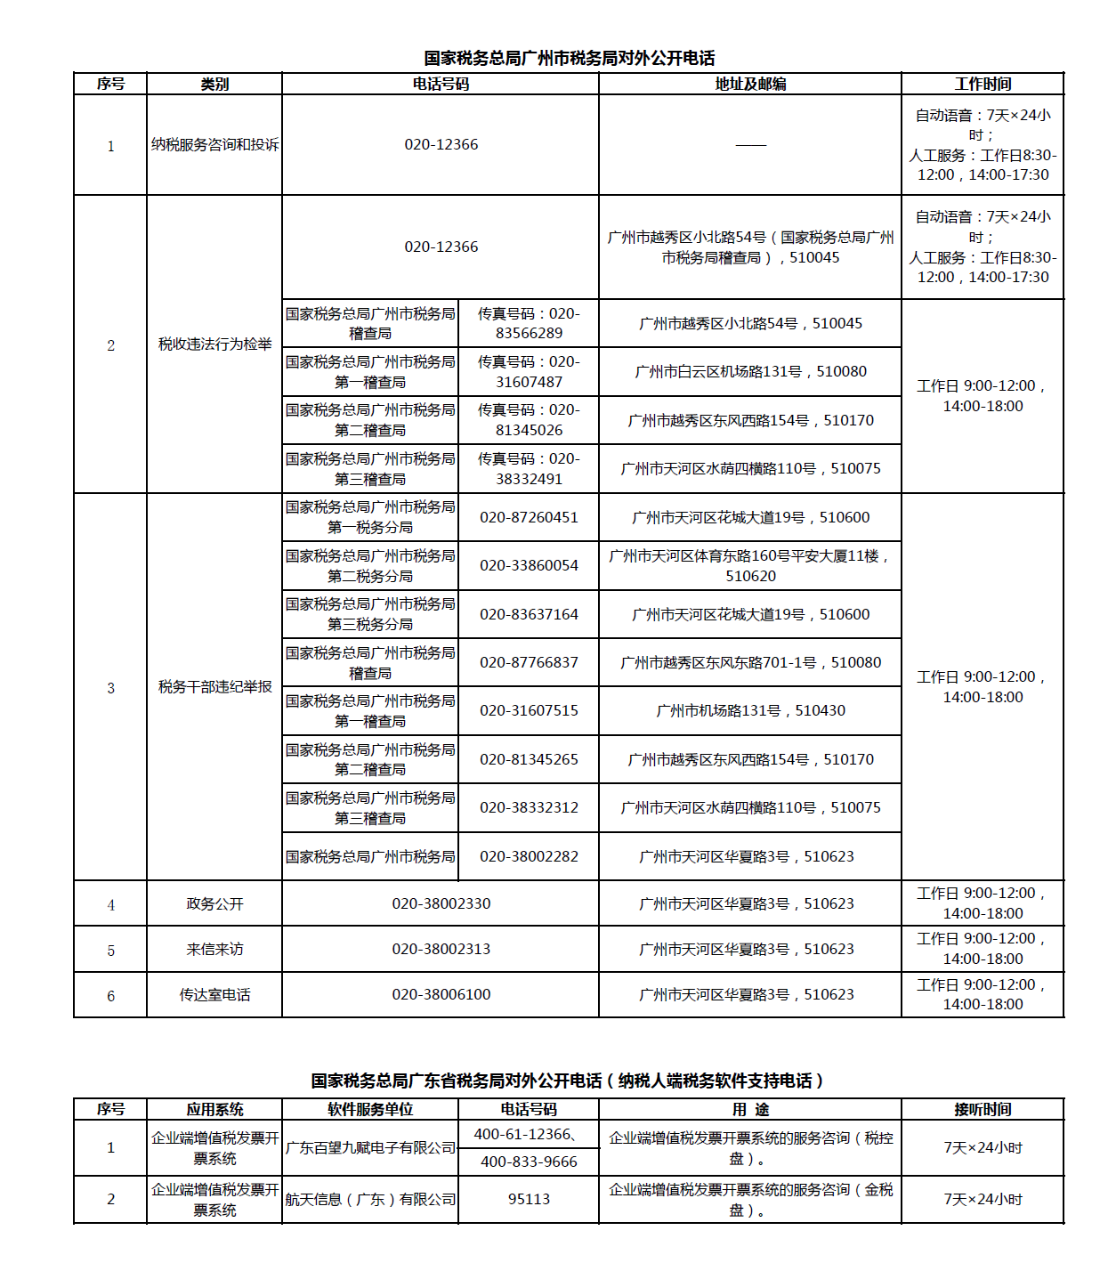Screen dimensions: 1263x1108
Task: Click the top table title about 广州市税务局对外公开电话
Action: coord(569,59)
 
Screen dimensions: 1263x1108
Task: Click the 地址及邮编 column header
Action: coord(750,85)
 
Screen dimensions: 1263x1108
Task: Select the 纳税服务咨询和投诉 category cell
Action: coord(214,145)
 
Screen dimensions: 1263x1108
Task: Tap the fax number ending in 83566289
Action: coord(529,324)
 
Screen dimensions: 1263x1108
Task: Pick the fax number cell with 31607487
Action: coord(529,372)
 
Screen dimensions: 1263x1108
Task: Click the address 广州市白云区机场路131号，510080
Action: coord(750,372)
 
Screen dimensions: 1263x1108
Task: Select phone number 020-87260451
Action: coord(529,517)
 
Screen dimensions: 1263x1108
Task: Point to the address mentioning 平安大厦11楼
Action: coord(750,566)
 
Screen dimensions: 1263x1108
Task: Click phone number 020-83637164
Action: coord(529,614)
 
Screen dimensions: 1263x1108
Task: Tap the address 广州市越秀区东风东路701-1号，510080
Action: coord(750,662)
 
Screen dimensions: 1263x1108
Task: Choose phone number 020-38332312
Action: coord(529,807)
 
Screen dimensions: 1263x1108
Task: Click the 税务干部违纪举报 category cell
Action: coord(214,687)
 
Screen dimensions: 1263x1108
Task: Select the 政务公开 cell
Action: coord(214,903)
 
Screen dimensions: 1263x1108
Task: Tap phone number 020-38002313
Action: coord(441,949)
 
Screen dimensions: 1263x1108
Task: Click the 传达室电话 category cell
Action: coord(214,994)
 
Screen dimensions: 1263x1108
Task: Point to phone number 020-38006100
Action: coord(441,994)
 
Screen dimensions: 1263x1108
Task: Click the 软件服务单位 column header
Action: coord(370,1110)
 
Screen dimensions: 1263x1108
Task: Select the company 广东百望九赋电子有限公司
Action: coord(370,1148)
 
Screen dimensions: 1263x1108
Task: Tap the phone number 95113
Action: coord(529,1200)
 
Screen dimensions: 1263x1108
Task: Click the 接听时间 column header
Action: coord(983,1110)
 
